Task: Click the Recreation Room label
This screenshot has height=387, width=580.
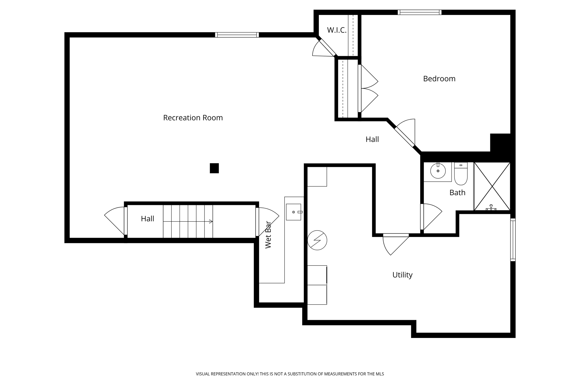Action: pyautogui.click(x=193, y=118)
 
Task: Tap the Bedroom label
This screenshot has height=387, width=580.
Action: pyautogui.click(x=439, y=79)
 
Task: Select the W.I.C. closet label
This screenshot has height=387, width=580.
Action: pyautogui.click(x=336, y=30)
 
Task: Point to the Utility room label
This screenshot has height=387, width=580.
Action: pyautogui.click(x=402, y=275)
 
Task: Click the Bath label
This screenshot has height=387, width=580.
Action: pyautogui.click(x=457, y=193)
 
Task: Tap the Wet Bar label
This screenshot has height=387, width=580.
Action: pyautogui.click(x=268, y=235)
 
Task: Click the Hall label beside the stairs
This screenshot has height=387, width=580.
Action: pyautogui.click(x=148, y=219)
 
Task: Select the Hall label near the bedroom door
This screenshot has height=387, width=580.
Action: pyautogui.click(x=372, y=139)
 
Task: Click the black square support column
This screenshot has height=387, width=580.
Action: pyautogui.click(x=214, y=168)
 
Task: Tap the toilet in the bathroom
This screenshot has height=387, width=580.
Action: pyautogui.click(x=460, y=174)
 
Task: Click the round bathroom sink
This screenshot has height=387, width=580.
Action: pyautogui.click(x=438, y=171)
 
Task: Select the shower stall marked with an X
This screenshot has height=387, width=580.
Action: pyautogui.click(x=492, y=186)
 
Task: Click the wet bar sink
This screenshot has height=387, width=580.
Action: pyautogui.click(x=293, y=212)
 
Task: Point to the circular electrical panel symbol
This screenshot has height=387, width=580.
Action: pyautogui.click(x=317, y=240)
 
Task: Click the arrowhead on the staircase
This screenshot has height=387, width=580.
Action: pyautogui.click(x=211, y=222)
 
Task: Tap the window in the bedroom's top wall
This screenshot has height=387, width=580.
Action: pyautogui.click(x=419, y=12)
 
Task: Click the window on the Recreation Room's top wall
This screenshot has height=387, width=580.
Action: pyautogui.click(x=237, y=35)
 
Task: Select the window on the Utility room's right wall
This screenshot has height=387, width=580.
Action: pyautogui.click(x=513, y=240)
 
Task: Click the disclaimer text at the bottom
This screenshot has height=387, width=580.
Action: pyautogui.click(x=290, y=374)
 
